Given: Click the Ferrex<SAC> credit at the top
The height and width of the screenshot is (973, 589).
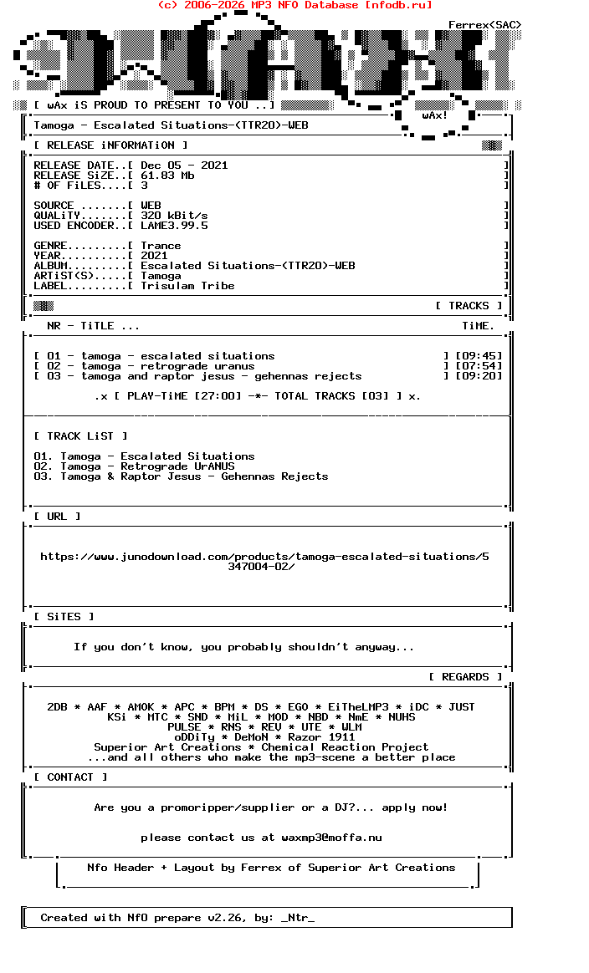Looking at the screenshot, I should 484,25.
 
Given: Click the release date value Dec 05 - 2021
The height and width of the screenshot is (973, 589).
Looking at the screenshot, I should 184,166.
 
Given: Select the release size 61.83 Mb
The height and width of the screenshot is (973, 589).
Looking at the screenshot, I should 167,176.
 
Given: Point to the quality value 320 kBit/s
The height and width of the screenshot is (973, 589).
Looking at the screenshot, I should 174,216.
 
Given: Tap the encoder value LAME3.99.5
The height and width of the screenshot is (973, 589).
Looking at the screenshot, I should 174,226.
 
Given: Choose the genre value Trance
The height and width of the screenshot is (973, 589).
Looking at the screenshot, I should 161,246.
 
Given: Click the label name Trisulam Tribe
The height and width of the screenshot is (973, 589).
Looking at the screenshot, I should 187,286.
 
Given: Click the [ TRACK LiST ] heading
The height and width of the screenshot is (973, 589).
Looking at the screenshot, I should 80,436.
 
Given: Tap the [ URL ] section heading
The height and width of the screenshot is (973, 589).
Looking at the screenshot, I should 57,517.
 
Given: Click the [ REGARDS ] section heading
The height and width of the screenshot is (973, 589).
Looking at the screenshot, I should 465,677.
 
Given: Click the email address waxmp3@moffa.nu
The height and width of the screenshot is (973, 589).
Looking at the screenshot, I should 331,838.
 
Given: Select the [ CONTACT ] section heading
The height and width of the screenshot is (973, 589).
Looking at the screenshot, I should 70,777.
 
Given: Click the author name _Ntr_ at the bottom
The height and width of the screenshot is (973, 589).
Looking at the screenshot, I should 298,918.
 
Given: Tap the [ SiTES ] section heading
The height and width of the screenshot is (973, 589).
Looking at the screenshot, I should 64,617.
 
